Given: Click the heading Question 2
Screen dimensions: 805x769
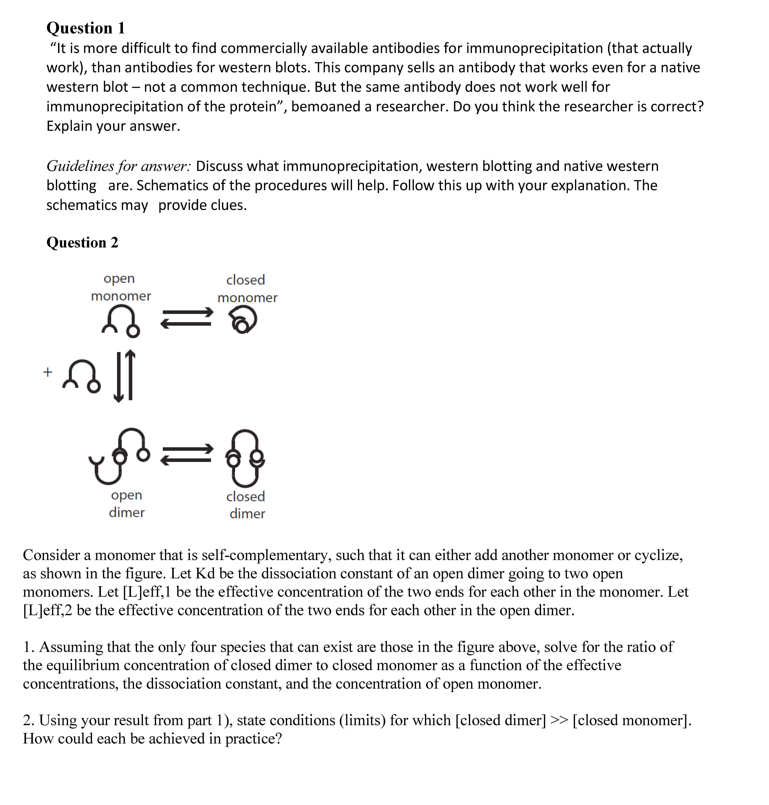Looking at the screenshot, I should coord(82,242).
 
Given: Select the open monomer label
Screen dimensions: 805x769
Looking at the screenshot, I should coord(121,287).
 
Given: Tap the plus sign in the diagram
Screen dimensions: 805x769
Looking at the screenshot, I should coord(48,372).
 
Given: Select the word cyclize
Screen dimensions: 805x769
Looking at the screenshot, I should coord(658,555).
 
